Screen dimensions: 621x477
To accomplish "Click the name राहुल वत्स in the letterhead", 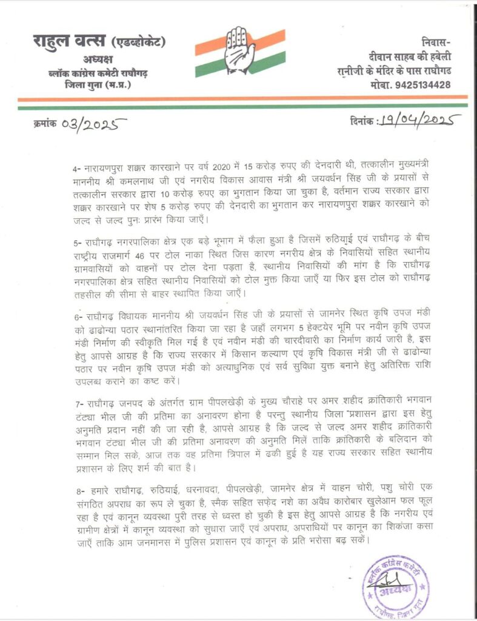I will pos(69,42).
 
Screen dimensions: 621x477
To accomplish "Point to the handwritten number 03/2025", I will pos(95,126).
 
